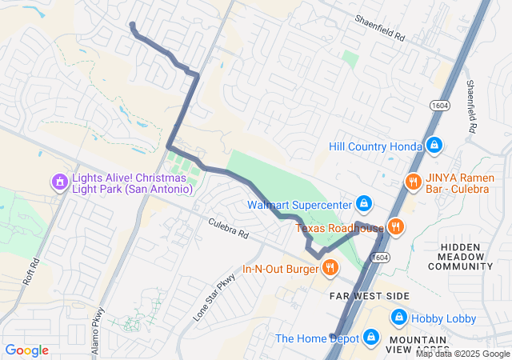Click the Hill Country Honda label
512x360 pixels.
pyautogui.click(x=375, y=146)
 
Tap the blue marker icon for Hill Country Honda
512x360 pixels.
pyautogui.click(x=434, y=146)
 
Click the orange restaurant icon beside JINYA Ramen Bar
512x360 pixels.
pyautogui.click(x=414, y=182)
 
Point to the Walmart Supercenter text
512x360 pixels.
pyautogui.click(x=300, y=205)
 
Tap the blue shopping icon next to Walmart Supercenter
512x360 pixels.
pyautogui.click(x=364, y=204)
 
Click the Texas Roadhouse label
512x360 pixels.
pyautogui.click(x=340, y=229)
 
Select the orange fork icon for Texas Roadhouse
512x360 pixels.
pyautogui.click(x=395, y=227)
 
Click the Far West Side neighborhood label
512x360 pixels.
pyautogui.click(x=370, y=296)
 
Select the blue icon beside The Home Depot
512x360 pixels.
pyautogui.click(x=370, y=338)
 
